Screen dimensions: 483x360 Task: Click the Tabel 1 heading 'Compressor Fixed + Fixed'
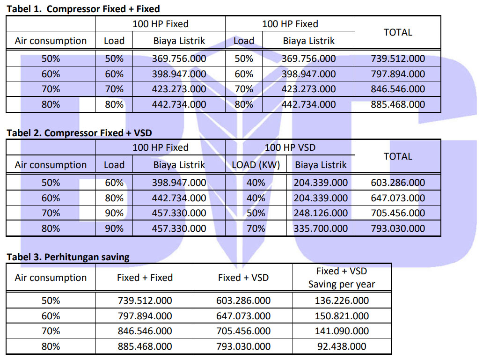point(103,9)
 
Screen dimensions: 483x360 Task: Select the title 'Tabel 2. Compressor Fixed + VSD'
point(80,133)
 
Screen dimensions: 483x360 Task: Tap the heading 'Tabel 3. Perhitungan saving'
point(68,257)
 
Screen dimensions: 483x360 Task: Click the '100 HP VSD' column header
point(290,147)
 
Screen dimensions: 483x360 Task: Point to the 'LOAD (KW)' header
point(256,165)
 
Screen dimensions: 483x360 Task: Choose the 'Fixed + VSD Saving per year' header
point(342,278)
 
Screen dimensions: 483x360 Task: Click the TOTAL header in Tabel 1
point(398,32)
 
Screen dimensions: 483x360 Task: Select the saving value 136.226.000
point(342,301)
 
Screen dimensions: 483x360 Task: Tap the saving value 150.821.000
point(342,316)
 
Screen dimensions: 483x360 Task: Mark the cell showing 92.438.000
point(342,346)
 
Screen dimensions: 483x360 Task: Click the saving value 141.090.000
point(342,331)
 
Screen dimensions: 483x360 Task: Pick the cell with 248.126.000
point(321,213)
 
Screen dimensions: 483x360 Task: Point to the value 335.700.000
point(321,228)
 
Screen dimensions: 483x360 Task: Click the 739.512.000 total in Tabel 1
point(398,59)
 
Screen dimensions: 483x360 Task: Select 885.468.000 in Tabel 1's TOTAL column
point(398,104)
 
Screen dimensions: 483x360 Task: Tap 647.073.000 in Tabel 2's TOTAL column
point(398,198)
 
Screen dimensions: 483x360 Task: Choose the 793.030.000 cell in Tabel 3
point(243,346)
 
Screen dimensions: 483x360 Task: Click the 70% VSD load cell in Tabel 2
point(256,228)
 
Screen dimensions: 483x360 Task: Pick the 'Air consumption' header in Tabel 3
point(51,278)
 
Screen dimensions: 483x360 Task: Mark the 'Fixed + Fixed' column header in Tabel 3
point(145,278)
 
